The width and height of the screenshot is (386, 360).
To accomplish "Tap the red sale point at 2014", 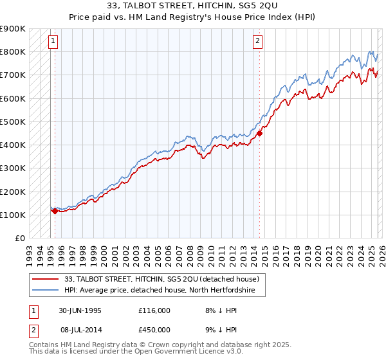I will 260,134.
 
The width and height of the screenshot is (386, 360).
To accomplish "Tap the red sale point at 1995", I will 55,210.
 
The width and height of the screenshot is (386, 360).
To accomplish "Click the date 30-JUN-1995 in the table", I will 80,310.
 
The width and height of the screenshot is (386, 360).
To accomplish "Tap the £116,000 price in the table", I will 154,310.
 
